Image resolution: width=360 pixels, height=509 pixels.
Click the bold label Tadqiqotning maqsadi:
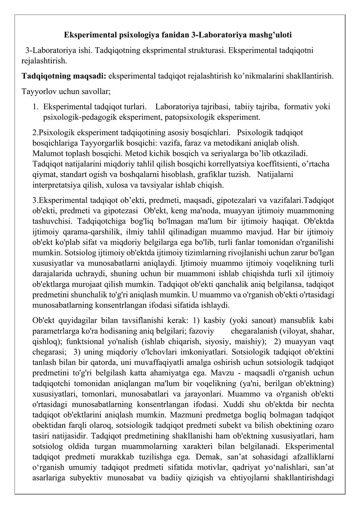[64, 76]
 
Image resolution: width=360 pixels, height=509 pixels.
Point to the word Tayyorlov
[37, 91]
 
